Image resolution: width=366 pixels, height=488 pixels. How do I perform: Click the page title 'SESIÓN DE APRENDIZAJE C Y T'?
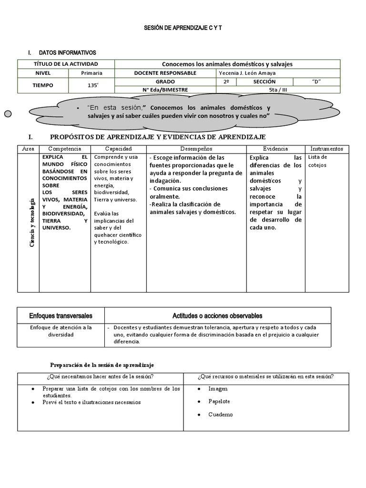pyautogui.click(x=183, y=28)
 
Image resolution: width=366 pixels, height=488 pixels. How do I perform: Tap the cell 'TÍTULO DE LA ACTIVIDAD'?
pyautogui.click(x=66, y=64)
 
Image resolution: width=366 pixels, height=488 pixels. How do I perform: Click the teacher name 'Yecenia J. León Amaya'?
pyautogui.click(x=246, y=73)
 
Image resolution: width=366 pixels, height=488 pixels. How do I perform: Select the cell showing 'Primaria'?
pyautogui.click(x=91, y=73)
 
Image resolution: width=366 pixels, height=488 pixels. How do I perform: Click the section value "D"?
pyautogui.click(x=316, y=81)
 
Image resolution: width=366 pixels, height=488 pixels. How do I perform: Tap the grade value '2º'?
pyautogui.click(x=226, y=81)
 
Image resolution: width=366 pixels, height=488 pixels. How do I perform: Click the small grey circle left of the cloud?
pyautogui.click(x=8, y=113)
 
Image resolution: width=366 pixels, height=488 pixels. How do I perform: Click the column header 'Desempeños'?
pyautogui.click(x=196, y=149)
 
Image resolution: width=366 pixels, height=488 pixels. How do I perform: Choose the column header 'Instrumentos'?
pyautogui.click(x=326, y=149)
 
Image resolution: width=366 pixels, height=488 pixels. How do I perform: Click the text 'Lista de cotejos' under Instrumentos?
pyautogui.click(x=317, y=161)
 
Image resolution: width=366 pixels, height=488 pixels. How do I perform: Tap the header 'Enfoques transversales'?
pyautogui.click(x=61, y=315)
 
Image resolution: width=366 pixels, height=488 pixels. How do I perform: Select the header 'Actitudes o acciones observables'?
pyautogui.click(x=217, y=315)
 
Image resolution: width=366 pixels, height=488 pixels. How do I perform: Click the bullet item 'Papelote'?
pyautogui.click(x=219, y=401)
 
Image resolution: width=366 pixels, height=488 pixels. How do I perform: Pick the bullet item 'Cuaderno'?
pyautogui.click(x=220, y=414)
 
